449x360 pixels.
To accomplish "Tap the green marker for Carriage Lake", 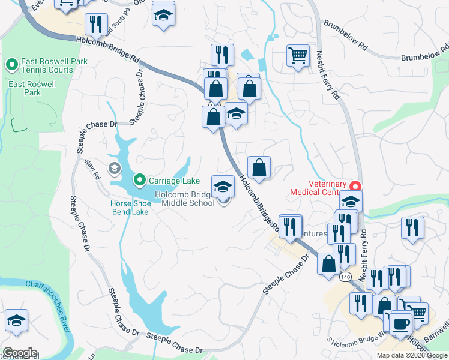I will coord(139,179).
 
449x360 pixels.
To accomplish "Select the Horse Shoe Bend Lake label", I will coord(129,208).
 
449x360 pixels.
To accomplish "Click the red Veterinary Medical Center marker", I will coord(355,187).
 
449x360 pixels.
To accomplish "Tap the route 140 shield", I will coord(345,277).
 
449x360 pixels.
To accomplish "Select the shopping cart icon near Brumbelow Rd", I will coord(298,56).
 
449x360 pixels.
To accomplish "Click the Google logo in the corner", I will coord(20,353).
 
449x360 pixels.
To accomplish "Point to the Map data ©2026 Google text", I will coord(411,355).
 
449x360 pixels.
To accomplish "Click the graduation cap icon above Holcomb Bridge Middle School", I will coord(223,186).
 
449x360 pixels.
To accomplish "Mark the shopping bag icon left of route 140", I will coord(329,263).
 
